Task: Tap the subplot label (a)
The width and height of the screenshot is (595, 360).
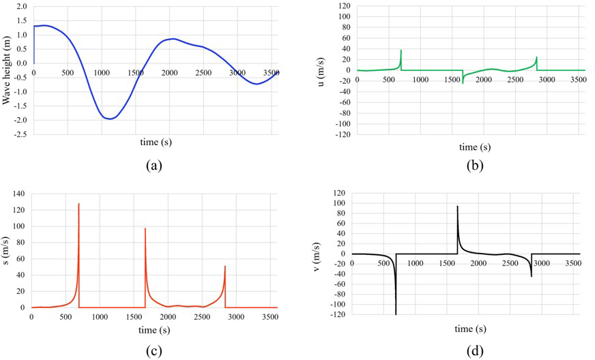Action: (x=154, y=164)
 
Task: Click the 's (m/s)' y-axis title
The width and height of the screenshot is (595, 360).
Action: (x=6, y=250)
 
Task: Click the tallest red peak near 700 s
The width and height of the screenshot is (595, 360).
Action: (x=78, y=203)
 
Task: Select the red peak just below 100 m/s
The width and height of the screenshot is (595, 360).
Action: (x=145, y=228)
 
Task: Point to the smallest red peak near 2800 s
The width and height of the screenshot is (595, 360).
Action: (x=225, y=267)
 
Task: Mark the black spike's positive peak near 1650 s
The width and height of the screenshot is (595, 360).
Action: (x=457, y=206)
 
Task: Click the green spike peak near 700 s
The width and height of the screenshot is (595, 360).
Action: (x=401, y=50)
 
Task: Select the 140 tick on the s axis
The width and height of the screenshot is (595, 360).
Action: (x=18, y=194)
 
